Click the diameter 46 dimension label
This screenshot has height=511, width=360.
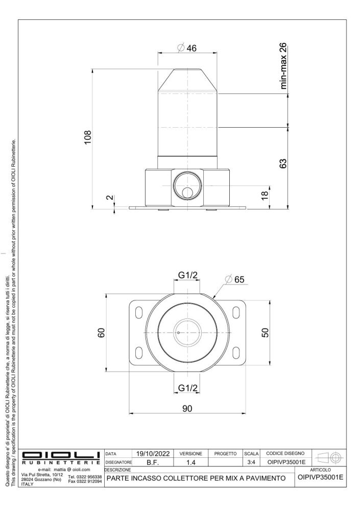187,48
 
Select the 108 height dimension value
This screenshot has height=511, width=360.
88,137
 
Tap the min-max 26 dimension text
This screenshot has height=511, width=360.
283,66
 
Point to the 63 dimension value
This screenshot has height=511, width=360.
283,164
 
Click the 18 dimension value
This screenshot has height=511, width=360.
265,195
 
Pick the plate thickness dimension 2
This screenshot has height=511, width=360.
110,197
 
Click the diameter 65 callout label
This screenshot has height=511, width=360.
235,280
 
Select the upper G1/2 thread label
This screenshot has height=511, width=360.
187,275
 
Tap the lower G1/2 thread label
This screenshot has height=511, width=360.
187,388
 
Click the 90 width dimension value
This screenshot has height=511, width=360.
187,408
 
